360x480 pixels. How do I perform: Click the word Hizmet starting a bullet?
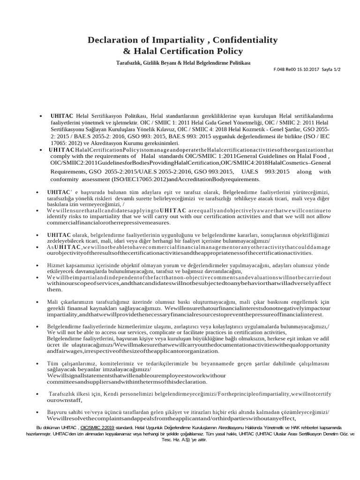pos(56,265)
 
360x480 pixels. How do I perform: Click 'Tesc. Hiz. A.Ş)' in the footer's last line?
pos(176,440)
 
